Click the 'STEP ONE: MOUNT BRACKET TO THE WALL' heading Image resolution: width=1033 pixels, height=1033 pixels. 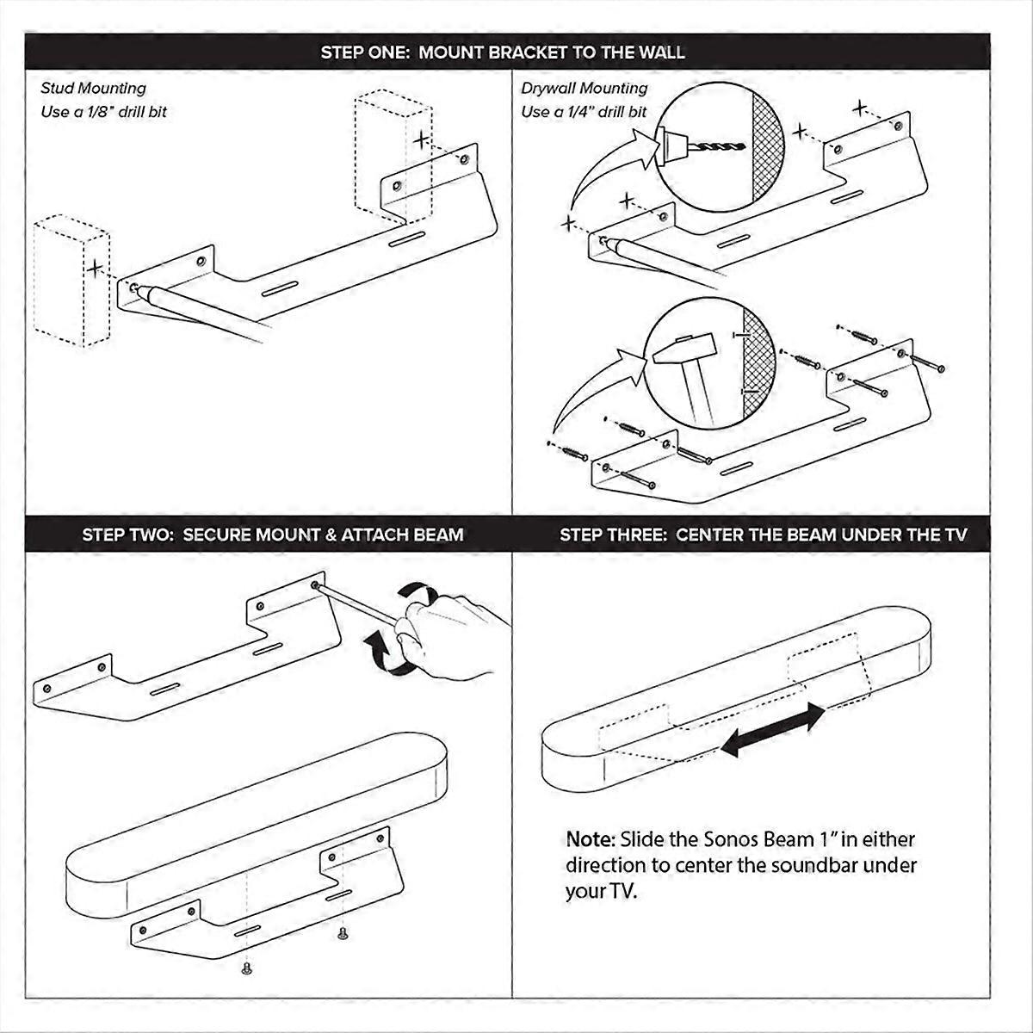point(503,52)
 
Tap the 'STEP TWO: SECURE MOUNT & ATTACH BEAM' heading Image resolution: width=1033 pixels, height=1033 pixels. point(273,535)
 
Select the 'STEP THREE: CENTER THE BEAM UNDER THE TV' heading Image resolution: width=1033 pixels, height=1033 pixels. point(763,535)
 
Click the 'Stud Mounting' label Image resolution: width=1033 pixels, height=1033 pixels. point(93,88)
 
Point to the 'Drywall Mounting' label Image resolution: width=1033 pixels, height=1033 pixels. point(584,88)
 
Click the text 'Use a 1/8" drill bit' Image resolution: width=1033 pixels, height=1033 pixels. point(103,112)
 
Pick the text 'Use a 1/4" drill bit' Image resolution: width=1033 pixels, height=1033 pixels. point(584,112)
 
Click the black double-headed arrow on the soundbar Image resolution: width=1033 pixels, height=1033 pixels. point(772,729)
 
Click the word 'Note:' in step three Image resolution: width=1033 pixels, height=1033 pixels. point(590,838)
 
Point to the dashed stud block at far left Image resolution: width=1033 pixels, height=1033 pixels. point(71,280)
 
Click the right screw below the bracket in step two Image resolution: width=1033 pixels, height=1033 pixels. point(343,932)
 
